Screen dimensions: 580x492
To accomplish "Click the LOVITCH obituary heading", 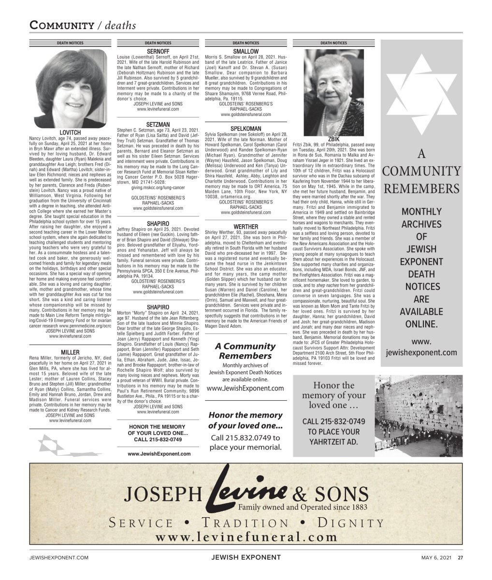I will tap(70, 132).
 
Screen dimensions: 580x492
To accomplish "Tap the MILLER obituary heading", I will tap(70, 351).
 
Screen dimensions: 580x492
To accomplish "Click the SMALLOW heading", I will tap(246, 51).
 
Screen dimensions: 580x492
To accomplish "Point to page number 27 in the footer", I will tap(461, 557).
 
